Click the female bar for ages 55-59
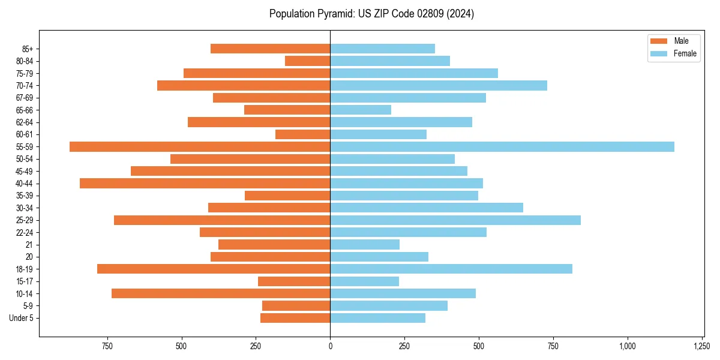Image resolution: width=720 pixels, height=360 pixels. click(x=502, y=146)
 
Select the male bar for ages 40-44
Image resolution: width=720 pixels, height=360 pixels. click(x=205, y=184)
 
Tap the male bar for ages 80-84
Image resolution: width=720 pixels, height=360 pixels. click(x=307, y=61)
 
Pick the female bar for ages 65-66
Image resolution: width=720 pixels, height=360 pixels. click(x=361, y=110)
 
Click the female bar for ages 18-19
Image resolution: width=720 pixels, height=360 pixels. click(x=451, y=269)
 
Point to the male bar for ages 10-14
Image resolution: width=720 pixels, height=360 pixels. click(x=221, y=293)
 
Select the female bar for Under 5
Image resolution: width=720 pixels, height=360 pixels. click(x=377, y=318)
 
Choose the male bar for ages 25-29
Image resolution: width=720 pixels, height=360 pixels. click(x=222, y=220)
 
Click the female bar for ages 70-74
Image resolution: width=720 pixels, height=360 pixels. click(x=439, y=86)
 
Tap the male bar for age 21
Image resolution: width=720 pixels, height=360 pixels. click(x=274, y=245)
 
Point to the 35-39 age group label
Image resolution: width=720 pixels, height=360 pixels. click(x=25, y=196)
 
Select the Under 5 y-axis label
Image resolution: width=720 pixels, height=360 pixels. click(x=21, y=318)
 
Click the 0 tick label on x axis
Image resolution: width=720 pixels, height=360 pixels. click(x=330, y=347)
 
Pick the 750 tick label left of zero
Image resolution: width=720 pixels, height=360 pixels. click(x=107, y=347)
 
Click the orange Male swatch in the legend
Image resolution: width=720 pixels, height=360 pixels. click(x=658, y=41)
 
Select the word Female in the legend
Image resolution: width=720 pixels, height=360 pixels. click(x=685, y=53)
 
